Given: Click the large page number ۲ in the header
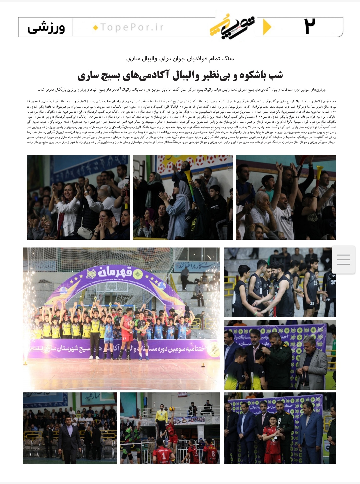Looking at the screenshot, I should [x=310, y=26].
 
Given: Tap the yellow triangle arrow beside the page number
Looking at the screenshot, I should [x=267, y=27].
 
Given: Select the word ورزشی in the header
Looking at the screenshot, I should [x=46, y=28].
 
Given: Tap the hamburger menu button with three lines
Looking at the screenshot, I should [x=343, y=259].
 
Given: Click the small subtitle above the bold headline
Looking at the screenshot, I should [x=180, y=59].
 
